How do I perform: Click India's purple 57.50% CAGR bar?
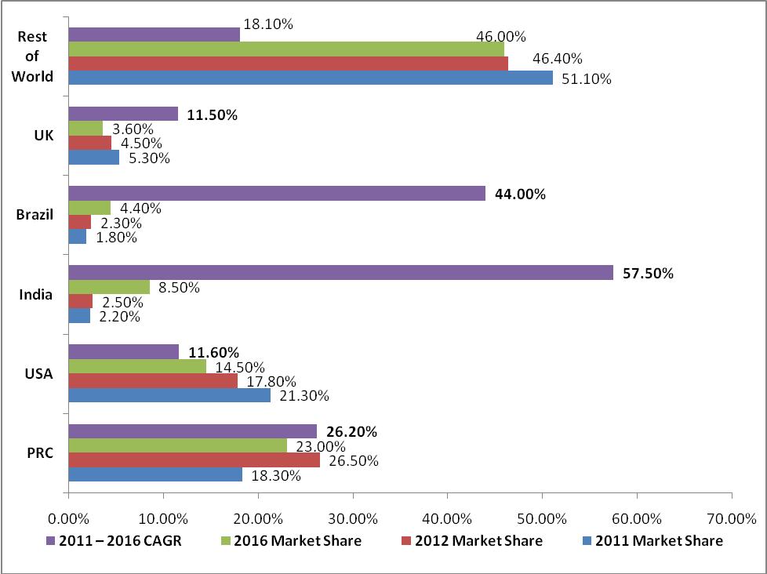(340, 273)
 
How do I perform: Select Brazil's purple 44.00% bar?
(277, 194)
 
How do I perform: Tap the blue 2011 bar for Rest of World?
(311, 78)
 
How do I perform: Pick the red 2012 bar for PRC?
(194, 460)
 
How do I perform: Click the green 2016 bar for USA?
(137, 366)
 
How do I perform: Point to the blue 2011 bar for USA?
(169, 395)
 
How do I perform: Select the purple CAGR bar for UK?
(123, 114)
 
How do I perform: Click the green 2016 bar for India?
(109, 287)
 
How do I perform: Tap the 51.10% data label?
(587, 78)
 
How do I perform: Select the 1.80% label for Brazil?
(115, 238)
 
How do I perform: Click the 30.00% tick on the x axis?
(353, 518)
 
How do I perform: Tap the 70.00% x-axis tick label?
(731, 518)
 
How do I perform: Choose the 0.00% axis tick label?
(69, 518)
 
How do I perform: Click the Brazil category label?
(35, 215)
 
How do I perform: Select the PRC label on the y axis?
(39, 452)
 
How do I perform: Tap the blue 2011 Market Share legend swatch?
(587, 540)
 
